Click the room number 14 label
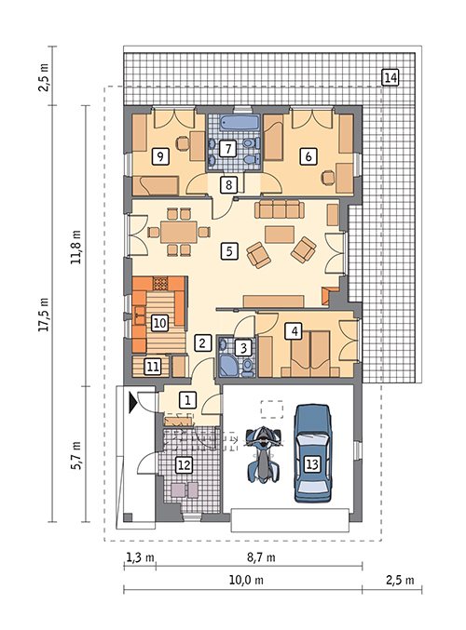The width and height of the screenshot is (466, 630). [390, 77]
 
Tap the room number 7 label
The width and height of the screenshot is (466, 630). [227, 149]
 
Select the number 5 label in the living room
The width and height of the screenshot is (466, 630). [229, 251]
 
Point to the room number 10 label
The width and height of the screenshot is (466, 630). [159, 323]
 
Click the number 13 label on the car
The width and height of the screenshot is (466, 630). [312, 464]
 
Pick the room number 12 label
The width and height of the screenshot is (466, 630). [184, 465]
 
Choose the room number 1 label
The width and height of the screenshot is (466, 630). [188, 400]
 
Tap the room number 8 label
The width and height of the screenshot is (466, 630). [228, 185]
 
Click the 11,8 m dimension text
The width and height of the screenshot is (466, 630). [76, 247]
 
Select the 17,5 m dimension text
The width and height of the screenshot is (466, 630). [44, 315]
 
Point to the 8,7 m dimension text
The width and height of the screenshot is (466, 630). [261, 557]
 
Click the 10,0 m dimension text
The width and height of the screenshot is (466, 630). [246, 580]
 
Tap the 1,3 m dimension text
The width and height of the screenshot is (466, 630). [140, 557]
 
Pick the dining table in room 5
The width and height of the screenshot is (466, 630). [179, 232]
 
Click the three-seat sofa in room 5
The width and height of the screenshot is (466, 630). [280, 209]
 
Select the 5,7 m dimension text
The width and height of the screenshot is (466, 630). [76, 454]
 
